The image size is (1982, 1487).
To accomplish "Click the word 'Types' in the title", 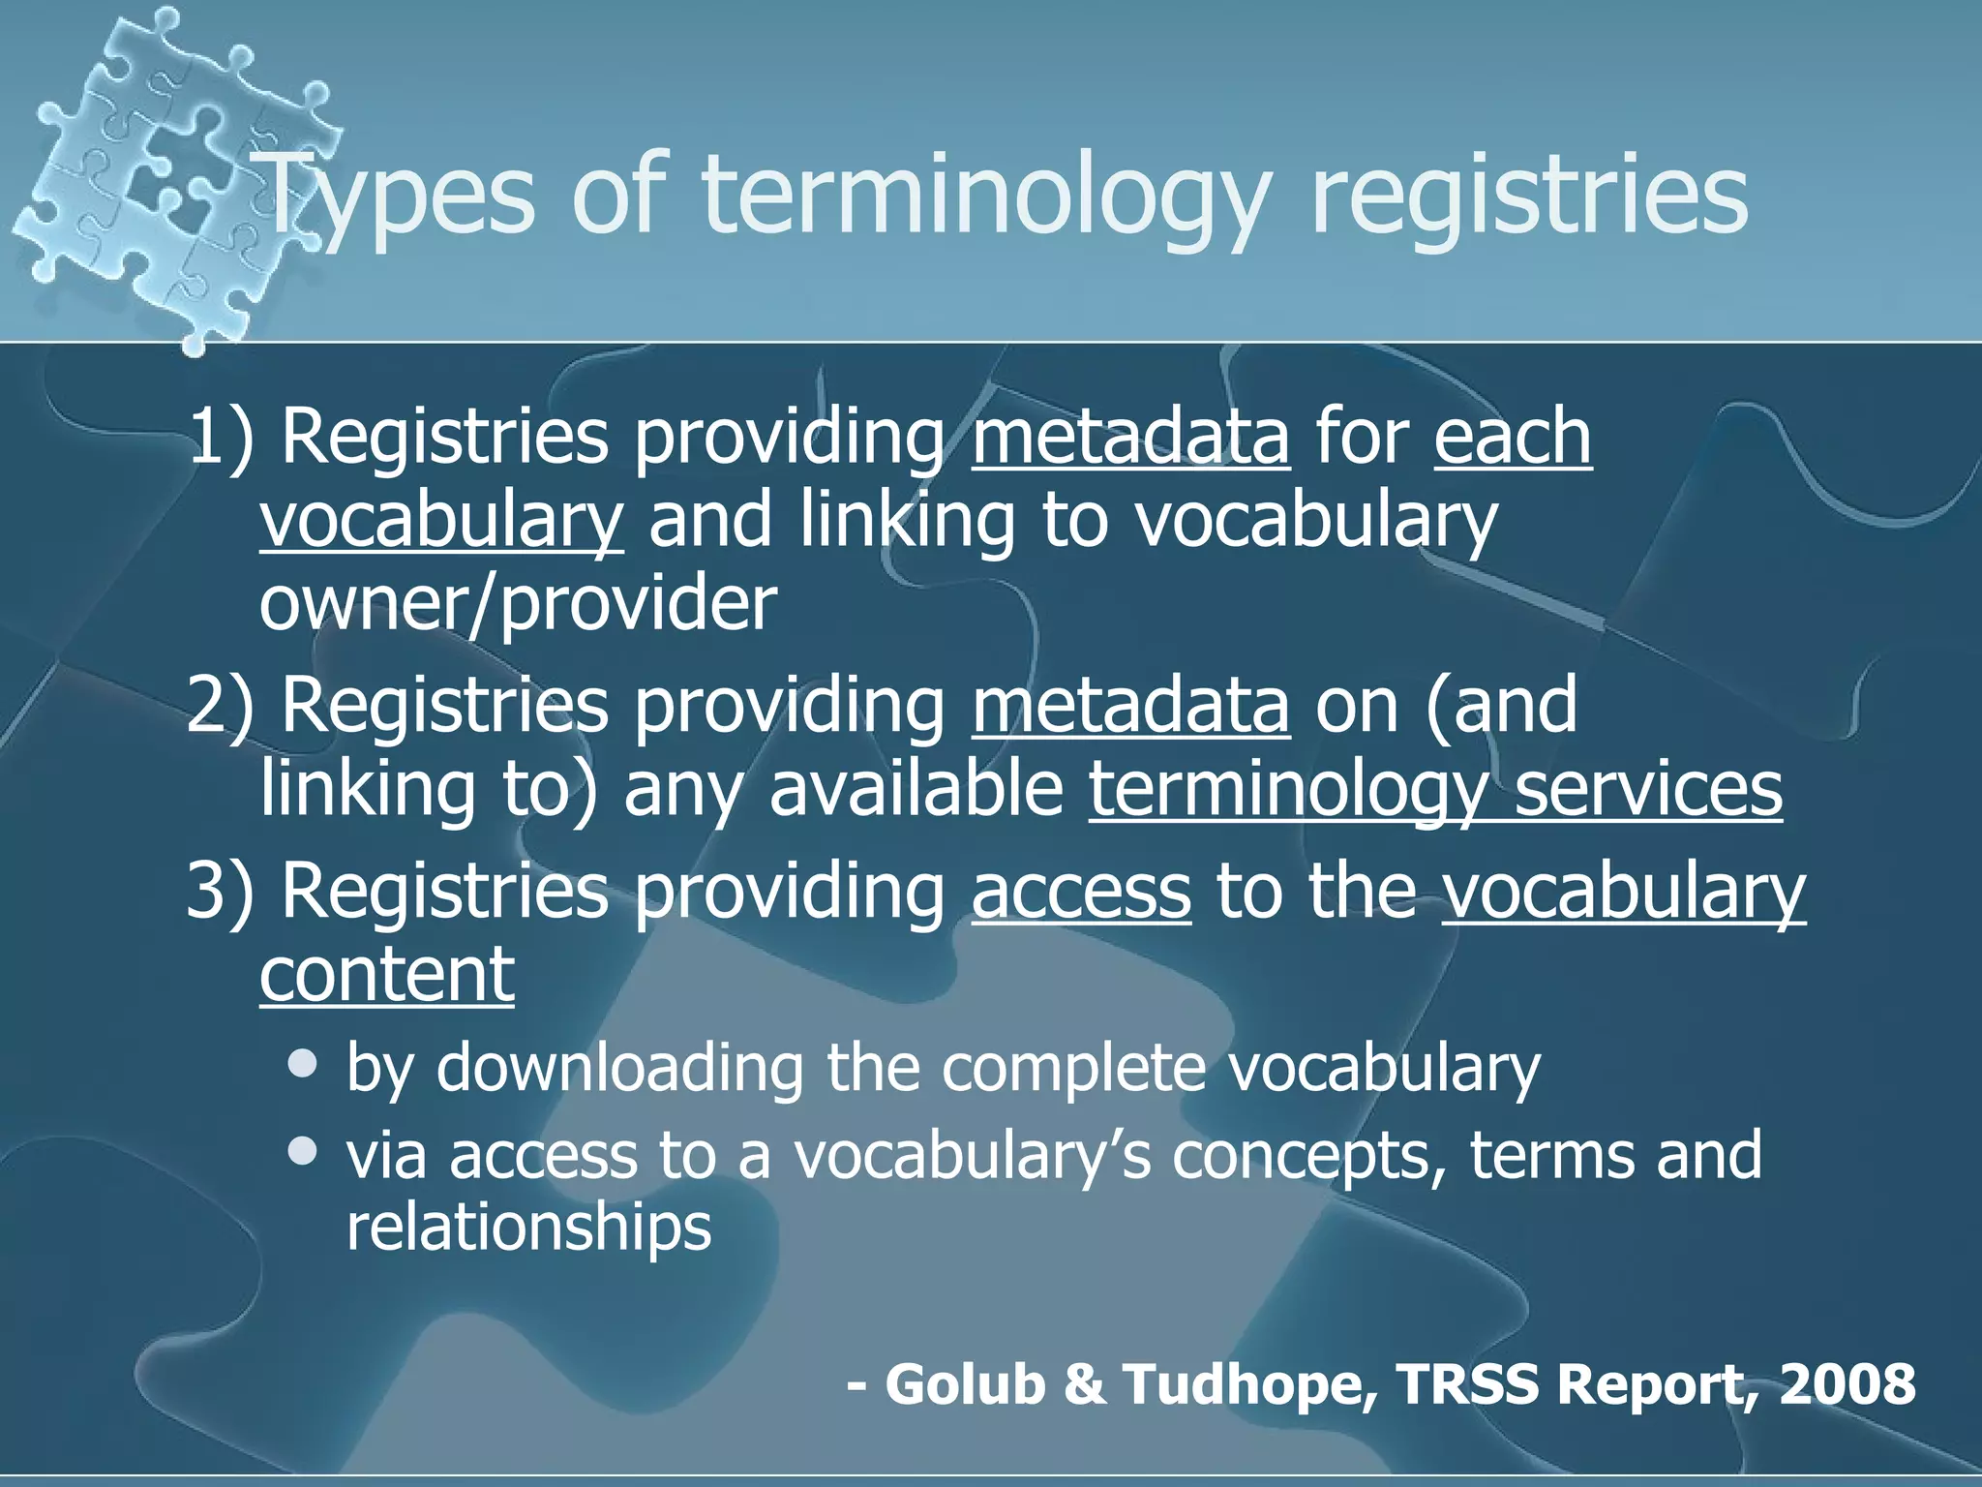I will point(397,198).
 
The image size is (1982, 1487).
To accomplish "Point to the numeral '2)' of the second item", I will point(221,704).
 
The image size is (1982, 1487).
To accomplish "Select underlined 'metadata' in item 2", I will point(1130,704).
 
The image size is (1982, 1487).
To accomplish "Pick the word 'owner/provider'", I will point(518,603).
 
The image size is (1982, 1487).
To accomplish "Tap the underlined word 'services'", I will point(1647,788).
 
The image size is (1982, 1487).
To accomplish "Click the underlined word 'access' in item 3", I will point(1081,891).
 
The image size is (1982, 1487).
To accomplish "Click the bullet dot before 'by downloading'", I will point(303,1065).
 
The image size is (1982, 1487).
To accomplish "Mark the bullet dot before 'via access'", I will point(303,1151).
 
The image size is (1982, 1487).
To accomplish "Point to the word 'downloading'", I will point(619,1067).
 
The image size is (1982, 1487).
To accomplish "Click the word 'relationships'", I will point(528,1227).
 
